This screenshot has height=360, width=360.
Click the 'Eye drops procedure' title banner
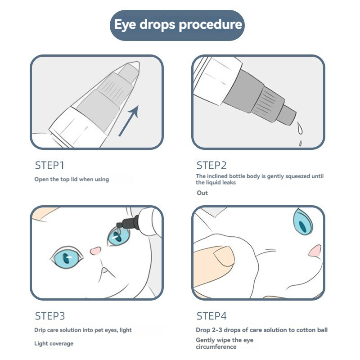click(x=177, y=25)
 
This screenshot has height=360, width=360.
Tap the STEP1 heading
click(x=49, y=165)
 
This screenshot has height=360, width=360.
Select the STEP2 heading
click(x=211, y=165)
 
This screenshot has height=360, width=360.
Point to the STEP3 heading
click(x=50, y=316)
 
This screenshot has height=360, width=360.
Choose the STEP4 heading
click(x=211, y=316)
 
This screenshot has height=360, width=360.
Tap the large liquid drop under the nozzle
click(x=300, y=128)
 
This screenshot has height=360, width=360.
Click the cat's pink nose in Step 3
click(x=95, y=250)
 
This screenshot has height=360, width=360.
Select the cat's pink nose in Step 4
click(x=315, y=251)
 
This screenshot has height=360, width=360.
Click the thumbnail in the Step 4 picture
click(x=224, y=256)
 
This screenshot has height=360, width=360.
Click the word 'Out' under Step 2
click(x=202, y=193)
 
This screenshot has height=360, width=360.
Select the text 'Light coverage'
click(x=54, y=343)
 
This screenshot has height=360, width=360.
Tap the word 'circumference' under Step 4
click(x=216, y=346)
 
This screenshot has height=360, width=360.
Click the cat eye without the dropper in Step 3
click(x=67, y=257)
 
